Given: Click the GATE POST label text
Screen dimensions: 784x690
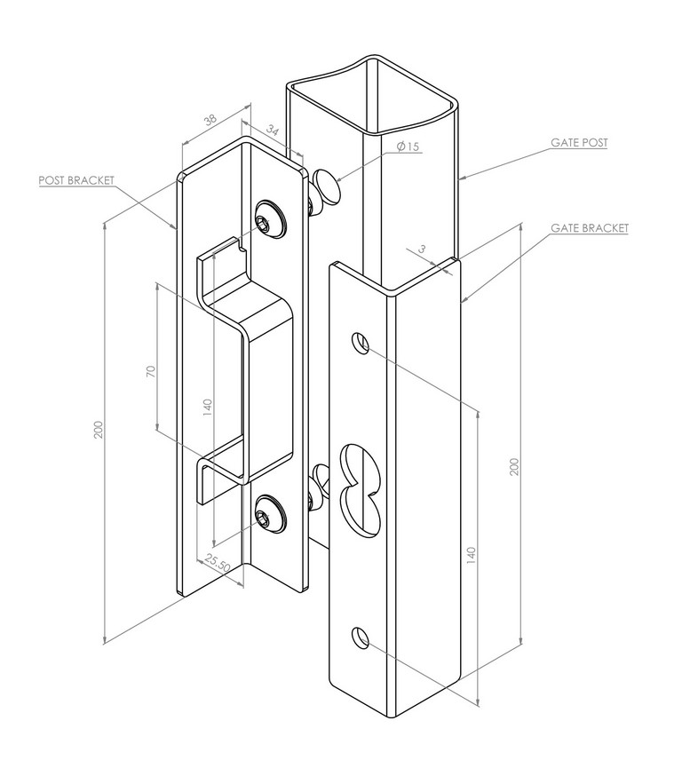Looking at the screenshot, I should [579, 142].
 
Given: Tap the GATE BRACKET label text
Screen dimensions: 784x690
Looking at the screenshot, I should [589, 228].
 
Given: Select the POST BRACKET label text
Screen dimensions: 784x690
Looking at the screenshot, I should [76, 179].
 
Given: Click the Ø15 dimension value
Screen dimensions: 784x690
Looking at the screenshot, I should [408, 146].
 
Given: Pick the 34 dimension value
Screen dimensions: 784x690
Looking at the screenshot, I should [273, 133].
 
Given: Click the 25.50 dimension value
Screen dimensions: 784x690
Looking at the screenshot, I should [218, 563].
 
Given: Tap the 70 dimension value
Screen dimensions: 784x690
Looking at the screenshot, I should [151, 371].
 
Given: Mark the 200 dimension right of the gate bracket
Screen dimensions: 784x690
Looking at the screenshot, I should [514, 466].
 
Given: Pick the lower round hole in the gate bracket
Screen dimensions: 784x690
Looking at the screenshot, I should [359, 637].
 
